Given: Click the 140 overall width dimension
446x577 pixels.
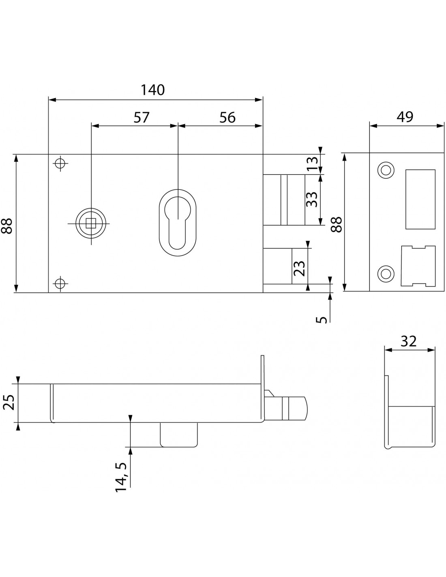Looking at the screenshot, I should pyautogui.click(x=153, y=90).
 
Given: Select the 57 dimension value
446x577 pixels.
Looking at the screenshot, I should pyautogui.click(x=142, y=117).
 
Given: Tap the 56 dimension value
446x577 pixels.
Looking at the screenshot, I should pyautogui.click(x=227, y=117).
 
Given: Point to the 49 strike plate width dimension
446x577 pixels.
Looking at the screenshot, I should pyautogui.click(x=405, y=116).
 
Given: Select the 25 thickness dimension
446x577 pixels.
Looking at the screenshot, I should pyautogui.click(x=9, y=403).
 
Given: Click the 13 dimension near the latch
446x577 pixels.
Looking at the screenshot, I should pyautogui.click(x=312, y=164).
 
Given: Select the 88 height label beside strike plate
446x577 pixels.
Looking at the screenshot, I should pyautogui.click(x=337, y=224).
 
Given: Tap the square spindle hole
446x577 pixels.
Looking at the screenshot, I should pyautogui.click(x=91, y=222).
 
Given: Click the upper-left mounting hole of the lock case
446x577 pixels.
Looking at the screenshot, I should pyautogui.click(x=60, y=164).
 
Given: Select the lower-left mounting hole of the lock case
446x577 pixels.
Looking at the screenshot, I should pyautogui.click(x=60, y=283).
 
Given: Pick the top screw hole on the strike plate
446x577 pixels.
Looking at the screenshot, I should pyautogui.click(x=385, y=170).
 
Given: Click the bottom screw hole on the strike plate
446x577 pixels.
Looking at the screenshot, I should pyautogui.click(x=386, y=273).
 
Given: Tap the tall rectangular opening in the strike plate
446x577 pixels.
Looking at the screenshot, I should pyautogui.click(x=420, y=199).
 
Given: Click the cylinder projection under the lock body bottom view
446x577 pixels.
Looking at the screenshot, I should pyautogui.click(x=179, y=434).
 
